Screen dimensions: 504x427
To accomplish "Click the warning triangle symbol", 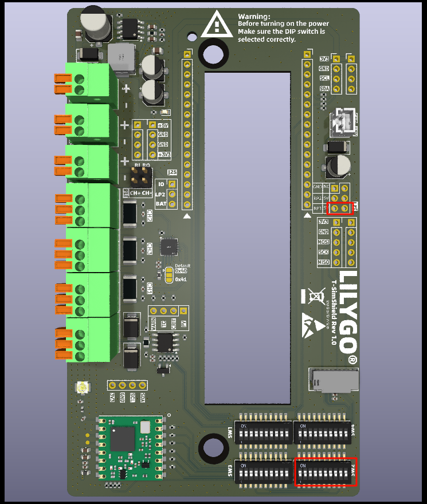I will [x=217, y=25].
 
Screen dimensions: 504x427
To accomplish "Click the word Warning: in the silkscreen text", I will [x=254, y=17].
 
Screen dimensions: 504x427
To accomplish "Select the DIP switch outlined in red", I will [x=326, y=472].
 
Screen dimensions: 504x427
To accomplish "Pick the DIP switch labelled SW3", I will [x=263, y=472].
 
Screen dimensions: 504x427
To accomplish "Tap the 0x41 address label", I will [x=181, y=279].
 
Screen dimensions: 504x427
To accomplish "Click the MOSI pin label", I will [x=324, y=242].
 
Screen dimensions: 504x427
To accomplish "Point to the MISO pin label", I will [x=324, y=262].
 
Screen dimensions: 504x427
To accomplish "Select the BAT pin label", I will [x=161, y=203].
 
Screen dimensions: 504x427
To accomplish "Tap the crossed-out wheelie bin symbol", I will [x=314, y=296].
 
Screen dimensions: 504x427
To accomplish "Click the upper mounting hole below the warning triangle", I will [x=213, y=55].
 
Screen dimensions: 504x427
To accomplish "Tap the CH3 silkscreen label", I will [x=149, y=249].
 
